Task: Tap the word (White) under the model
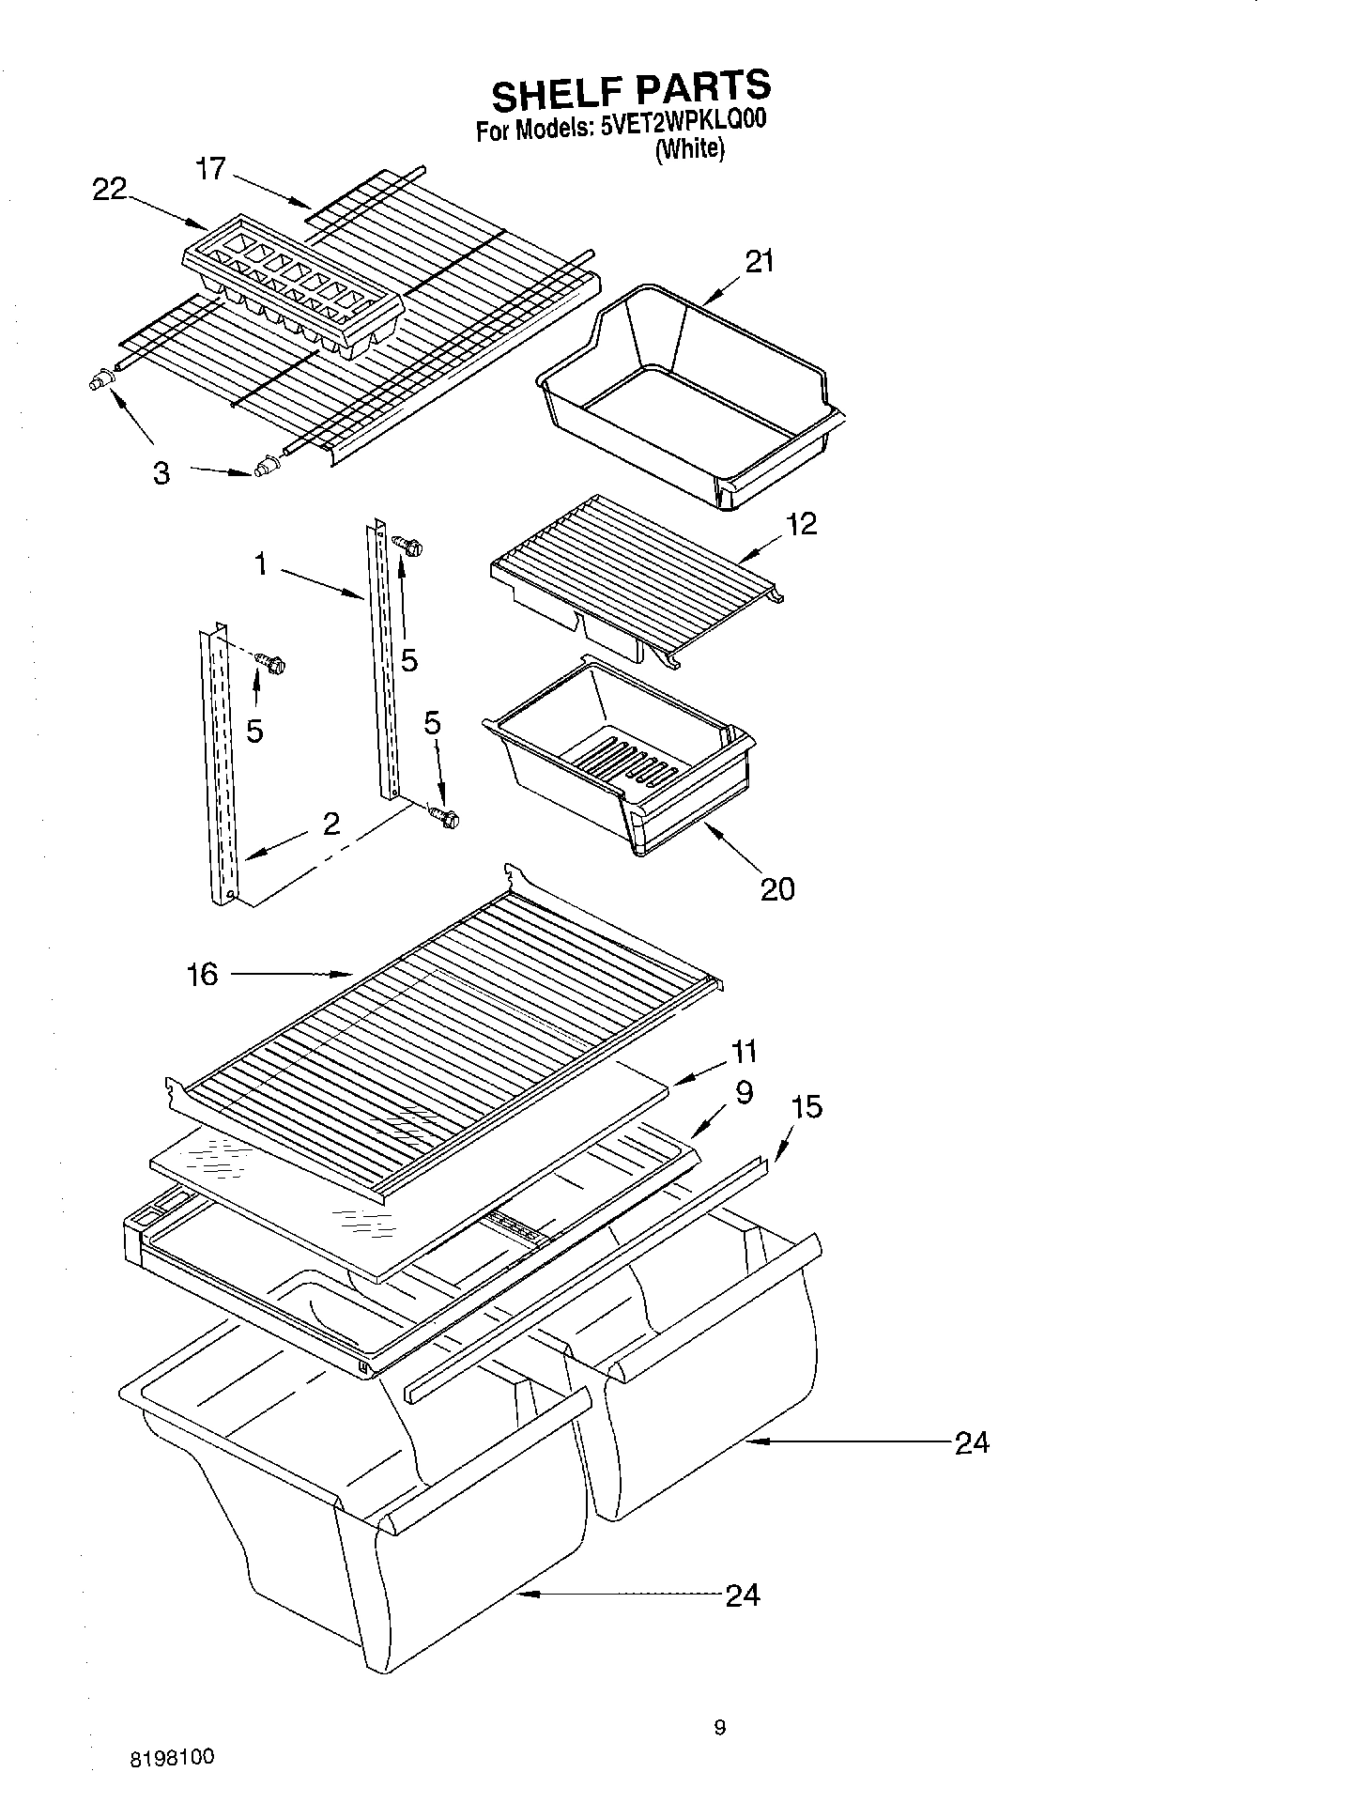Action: [x=689, y=150]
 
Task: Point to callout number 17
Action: [x=211, y=169]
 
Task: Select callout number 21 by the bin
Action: [x=759, y=261]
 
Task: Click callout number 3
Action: [x=161, y=473]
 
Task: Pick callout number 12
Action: [x=801, y=524]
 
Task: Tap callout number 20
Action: [x=777, y=887]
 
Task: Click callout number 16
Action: [x=202, y=975]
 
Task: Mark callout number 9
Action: [x=744, y=1093]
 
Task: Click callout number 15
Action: [x=807, y=1107]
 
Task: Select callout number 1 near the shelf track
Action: [x=260, y=564]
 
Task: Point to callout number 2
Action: [x=330, y=824]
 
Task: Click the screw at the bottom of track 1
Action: [x=443, y=816]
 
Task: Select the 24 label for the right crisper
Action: [x=972, y=1442]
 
